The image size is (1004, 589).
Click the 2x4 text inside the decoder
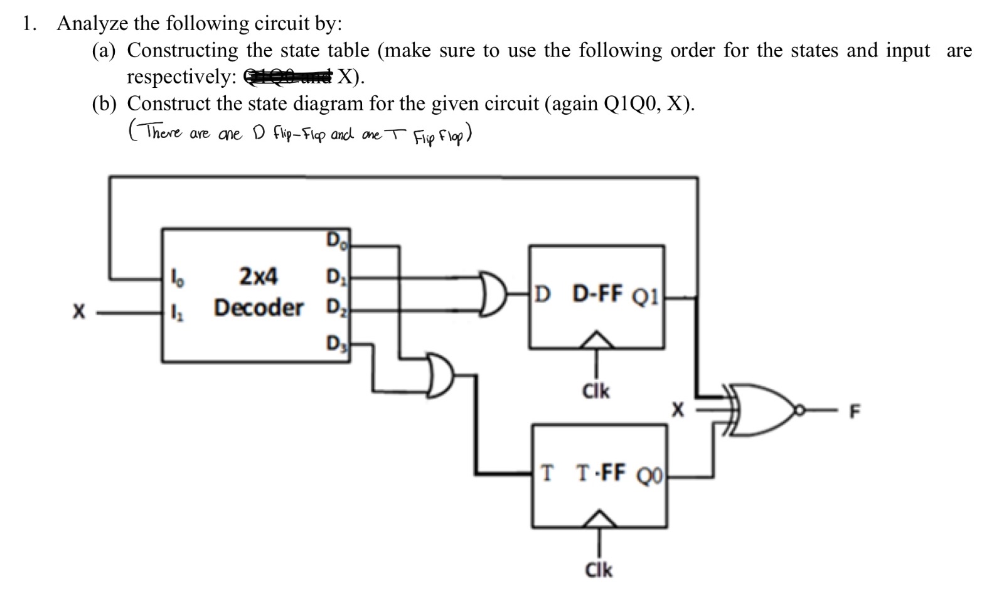[259, 275]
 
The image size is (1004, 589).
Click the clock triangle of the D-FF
[596, 340]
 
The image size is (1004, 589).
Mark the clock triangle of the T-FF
[599, 519]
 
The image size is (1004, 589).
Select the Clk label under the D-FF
[595, 391]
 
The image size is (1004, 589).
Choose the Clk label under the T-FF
[598, 570]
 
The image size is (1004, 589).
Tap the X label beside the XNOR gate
[677, 411]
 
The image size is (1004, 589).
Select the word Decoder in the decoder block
[259, 308]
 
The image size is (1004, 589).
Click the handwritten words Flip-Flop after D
[299, 134]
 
